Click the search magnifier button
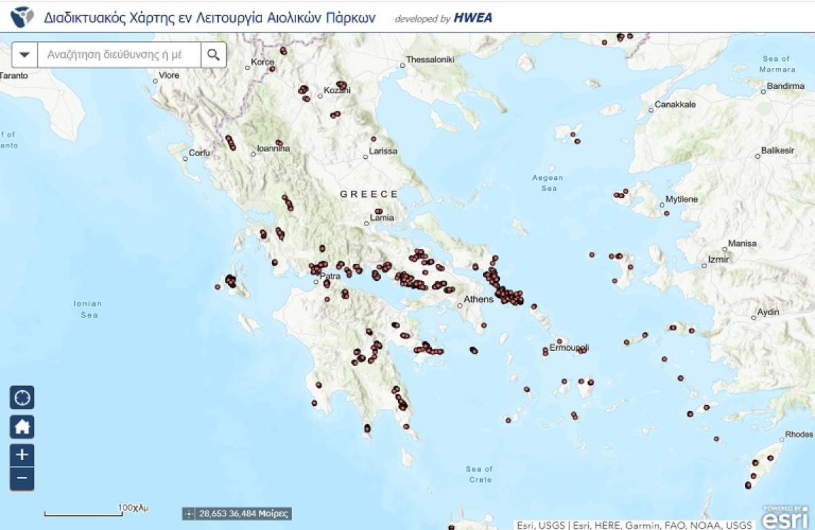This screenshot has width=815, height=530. [214, 55]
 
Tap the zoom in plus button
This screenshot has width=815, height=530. [22, 454]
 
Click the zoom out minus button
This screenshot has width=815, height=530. [22, 478]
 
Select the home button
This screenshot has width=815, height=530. [22, 427]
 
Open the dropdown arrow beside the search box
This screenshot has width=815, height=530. [25, 55]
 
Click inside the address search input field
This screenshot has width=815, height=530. [119, 55]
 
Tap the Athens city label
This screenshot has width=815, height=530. [478, 299]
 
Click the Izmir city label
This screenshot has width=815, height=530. [718, 259]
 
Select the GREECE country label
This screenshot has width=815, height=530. [369, 194]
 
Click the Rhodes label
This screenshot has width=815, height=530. [798, 434]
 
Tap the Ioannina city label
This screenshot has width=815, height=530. [274, 149]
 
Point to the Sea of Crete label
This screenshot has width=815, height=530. [479, 474]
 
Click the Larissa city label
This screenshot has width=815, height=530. [383, 151]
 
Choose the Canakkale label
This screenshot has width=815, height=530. [675, 105]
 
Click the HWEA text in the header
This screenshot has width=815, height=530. [473, 18]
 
